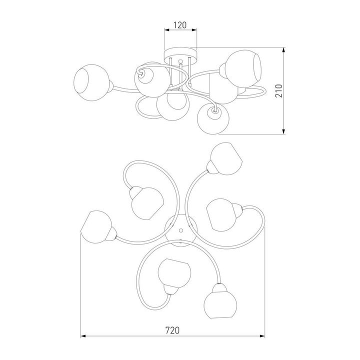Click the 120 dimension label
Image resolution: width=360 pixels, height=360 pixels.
pos(180,25)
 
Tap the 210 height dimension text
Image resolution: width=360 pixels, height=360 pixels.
pos(278,91)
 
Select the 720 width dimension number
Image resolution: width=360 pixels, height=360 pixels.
pos(172,330)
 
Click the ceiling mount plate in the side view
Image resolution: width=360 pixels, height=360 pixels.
pos(180,56)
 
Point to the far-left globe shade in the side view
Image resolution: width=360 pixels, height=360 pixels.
pos(91,82)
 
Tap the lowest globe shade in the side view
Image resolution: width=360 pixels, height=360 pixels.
pos(213,119)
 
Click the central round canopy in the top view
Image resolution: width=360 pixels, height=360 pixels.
pos(181,230)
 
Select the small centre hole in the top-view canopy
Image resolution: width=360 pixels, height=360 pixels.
pos(181,230)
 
